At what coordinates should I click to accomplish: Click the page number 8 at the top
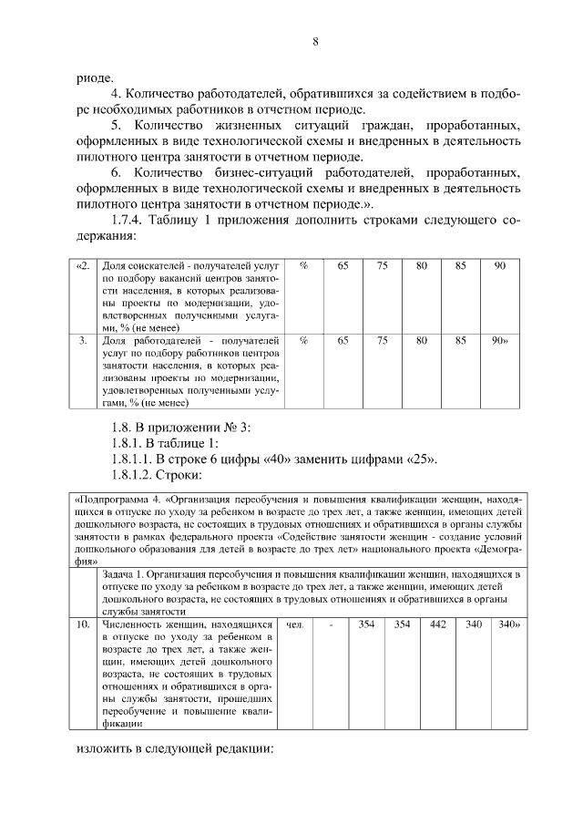(x=314, y=41)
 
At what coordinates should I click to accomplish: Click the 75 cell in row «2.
(x=383, y=265)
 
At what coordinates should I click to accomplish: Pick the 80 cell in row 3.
(x=422, y=340)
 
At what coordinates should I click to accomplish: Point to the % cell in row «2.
(x=303, y=265)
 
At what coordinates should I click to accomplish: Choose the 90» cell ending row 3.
(x=499, y=340)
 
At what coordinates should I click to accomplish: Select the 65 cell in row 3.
(x=343, y=340)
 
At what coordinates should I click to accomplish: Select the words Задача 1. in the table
(x=128, y=574)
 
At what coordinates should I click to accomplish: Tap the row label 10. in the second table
(x=83, y=625)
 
